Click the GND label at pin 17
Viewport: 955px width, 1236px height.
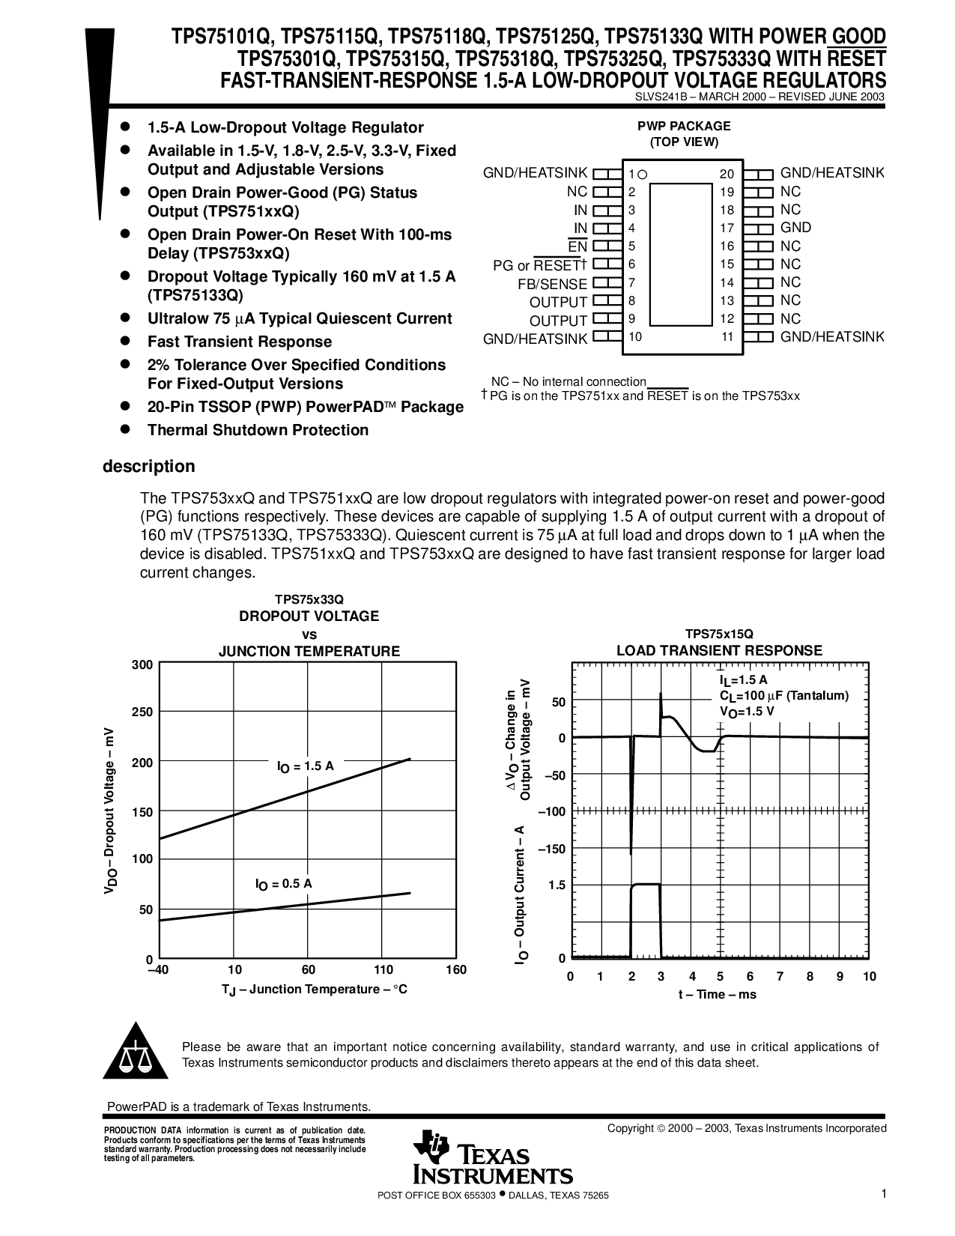point(795,228)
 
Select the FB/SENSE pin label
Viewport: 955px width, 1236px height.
point(552,284)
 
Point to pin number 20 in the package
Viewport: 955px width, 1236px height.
point(727,174)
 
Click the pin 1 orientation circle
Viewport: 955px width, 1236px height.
point(643,175)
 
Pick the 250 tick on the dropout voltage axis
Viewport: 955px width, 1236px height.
point(142,712)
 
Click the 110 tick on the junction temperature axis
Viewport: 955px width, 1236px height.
point(383,969)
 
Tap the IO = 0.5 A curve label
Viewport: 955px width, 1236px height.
point(283,884)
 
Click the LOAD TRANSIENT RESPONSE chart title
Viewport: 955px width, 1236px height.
point(720,650)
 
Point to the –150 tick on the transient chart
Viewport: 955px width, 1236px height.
point(552,849)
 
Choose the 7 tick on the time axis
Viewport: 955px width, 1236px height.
point(780,976)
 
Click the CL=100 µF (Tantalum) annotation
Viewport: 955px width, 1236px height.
point(783,696)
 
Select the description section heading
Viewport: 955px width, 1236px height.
point(149,466)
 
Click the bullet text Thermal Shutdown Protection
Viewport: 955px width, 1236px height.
point(258,430)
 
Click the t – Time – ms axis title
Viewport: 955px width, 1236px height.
point(718,994)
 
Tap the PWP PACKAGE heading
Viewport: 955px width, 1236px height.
point(684,126)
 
